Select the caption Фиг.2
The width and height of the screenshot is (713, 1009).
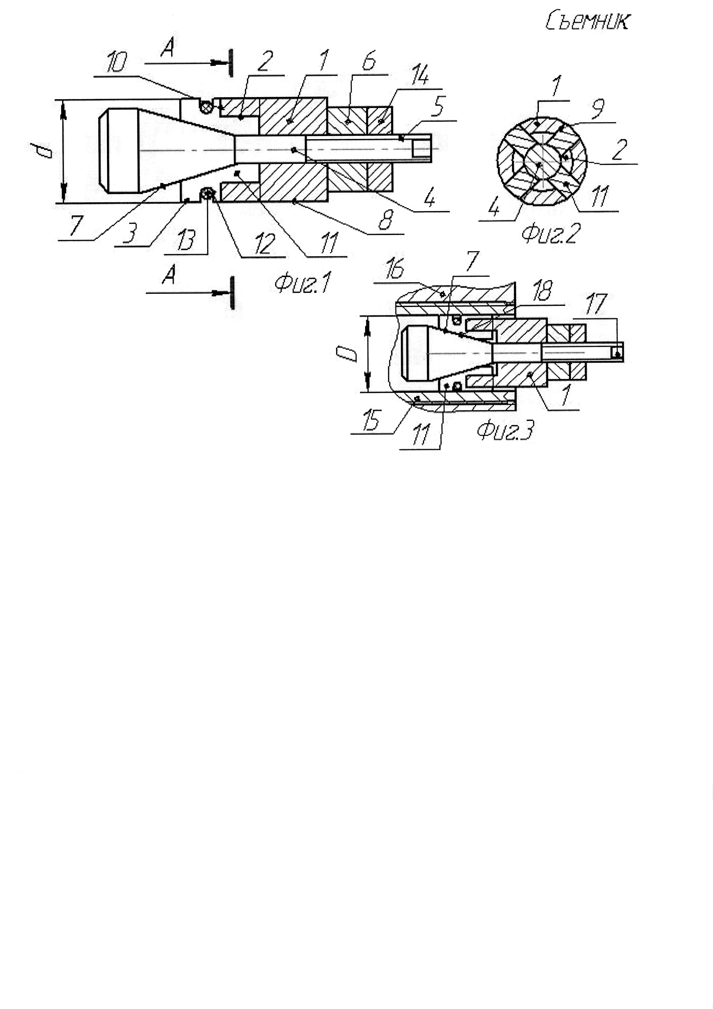point(550,233)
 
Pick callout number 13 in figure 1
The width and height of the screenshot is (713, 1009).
point(186,241)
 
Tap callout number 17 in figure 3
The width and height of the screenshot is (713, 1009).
point(596,304)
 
